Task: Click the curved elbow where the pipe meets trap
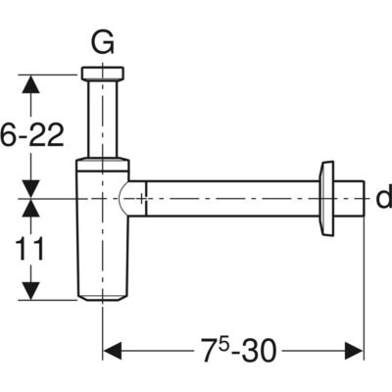[x=130, y=198]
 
